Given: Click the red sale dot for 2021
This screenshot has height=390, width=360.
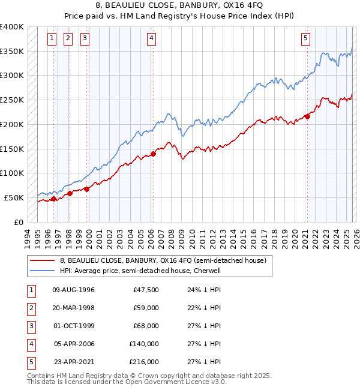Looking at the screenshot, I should point(307,116).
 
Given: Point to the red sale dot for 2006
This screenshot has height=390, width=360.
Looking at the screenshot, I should point(153,154).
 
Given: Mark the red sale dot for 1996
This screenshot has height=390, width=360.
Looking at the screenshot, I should point(53,199).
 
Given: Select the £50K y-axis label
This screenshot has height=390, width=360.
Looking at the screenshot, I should point(14,197).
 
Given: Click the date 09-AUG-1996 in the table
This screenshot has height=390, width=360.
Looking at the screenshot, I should point(73,290).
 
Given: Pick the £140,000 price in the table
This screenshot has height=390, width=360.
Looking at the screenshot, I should point(144,344).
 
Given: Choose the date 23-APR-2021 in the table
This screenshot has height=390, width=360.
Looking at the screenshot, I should point(73,362).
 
